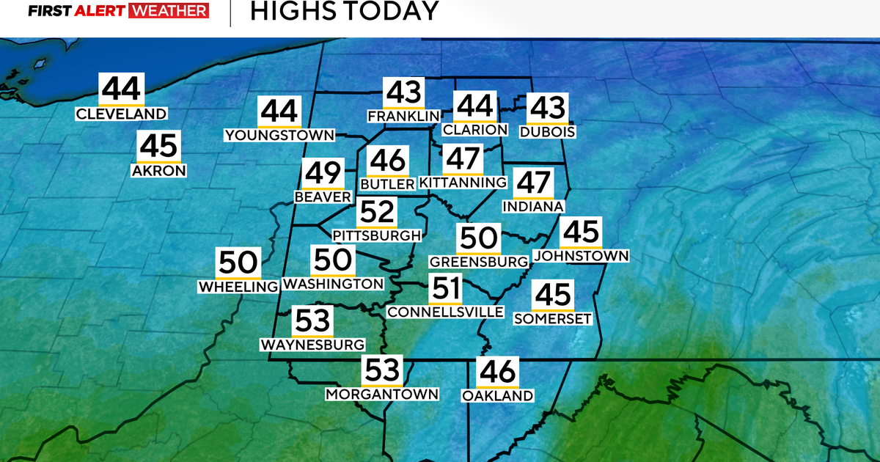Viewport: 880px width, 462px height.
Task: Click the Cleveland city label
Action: pyautogui.click(x=122, y=114)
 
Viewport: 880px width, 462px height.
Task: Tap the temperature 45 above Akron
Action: pyautogui.click(x=158, y=147)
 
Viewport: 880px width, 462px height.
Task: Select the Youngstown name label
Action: pyautogui.click(x=279, y=135)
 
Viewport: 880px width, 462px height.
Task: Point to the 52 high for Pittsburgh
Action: pyautogui.click(x=377, y=213)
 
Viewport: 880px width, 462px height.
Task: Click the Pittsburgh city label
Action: pyautogui.click(x=377, y=235)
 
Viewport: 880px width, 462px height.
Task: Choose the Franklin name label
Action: pyautogui.click(x=404, y=116)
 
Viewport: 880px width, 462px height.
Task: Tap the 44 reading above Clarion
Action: pyautogui.click(x=474, y=107)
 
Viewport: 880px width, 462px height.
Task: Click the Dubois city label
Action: pyautogui.click(x=547, y=132)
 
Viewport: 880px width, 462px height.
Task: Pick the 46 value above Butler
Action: pyautogui.click(x=387, y=161)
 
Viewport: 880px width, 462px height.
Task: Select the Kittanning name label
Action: pyautogui.click(x=463, y=182)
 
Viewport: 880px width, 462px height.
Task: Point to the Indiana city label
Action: pyautogui.click(x=533, y=207)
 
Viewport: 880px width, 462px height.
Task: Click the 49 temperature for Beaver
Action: pyautogui.click(x=323, y=174)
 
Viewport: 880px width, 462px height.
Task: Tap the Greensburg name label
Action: pyautogui.click(x=479, y=262)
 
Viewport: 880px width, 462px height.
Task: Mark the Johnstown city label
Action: pyautogui.click(x=581, y=256)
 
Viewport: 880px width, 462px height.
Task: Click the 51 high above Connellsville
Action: pyautogui.click(x=446, y=289)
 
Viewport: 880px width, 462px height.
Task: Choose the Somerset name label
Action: pyautogui.click(x=552, y=318)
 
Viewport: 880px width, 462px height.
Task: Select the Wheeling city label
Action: pyautogui.click(x=238, y=286)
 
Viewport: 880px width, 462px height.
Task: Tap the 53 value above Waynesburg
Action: pyautogui.click(x=312, y=322)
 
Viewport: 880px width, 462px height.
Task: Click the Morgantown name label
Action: pyautogui.click(x=382, y=394)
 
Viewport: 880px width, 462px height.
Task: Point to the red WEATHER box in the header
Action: pyautogui.click(x=169, y=12)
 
